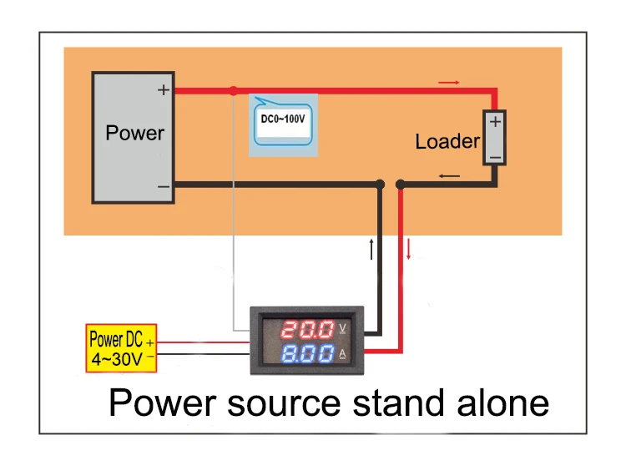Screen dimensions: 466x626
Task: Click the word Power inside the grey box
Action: click(135, 133)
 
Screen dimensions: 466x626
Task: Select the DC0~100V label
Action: click(283, 119)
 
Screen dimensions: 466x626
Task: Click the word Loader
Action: click(447, 142)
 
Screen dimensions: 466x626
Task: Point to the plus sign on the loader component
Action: click(495, 122)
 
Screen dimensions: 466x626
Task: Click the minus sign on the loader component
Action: click(495, 155)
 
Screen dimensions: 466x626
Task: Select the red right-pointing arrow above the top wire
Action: click(448, 83)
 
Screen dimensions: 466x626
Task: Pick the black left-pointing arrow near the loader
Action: click(448, 175)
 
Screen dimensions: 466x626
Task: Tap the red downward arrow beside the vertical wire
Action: click(409, 248)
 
